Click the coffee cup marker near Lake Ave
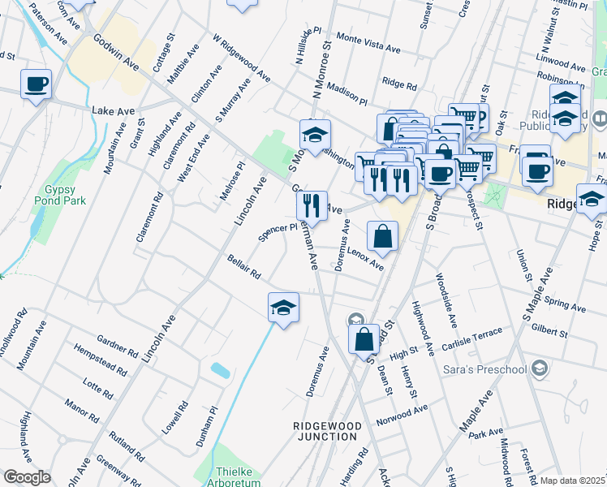(x=37, y=84)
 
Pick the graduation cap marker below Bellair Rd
(x=283, y=308)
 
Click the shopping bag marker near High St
(x=364, y=338)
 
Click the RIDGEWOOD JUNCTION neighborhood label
(x=325, y=430)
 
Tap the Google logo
(x=27, y=477)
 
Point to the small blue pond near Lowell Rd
(x=219, y=370)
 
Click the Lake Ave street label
(x=111, y=110)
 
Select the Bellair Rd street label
(x=243, y=269)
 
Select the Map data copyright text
(x=572, y=481)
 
